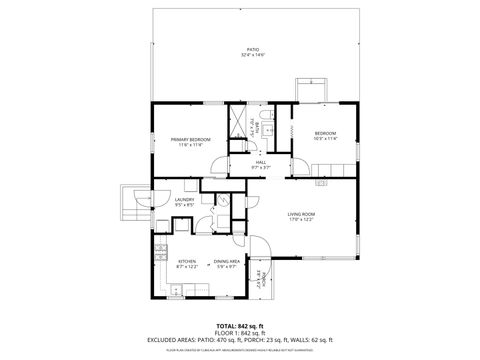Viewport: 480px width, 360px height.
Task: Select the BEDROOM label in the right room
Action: (x=326, y=133)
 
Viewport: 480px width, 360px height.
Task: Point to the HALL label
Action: (x=260, y=162)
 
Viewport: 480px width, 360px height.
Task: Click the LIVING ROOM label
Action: (x=302, y=214)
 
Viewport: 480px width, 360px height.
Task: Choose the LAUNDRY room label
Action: (x=184, y=200)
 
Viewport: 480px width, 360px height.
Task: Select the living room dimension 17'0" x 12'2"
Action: (x=302, y=220)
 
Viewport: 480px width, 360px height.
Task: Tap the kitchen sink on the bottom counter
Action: (x=177, y=291)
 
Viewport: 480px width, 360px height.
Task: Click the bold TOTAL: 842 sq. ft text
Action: (x=240, y=326)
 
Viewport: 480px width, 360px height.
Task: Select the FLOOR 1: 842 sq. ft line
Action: (x=240, y=333)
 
